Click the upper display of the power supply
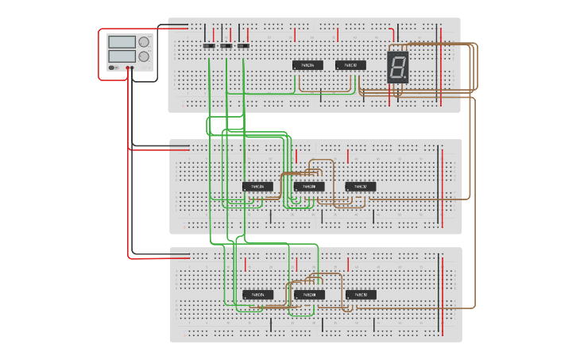[x=122, y=42]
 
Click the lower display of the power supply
[x=122, y=56]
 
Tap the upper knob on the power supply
[x=144, y=42]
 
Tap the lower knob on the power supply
[x=144, y=56]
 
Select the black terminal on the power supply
[x=132, y=68]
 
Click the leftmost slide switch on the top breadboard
[x=209, y=45]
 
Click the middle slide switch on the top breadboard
[x=226, y=45]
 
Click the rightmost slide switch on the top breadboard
[x=243, y=45]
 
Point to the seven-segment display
[x=398, y=67]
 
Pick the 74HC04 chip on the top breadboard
[x=307, y=65]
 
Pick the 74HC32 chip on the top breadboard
[x=350, y=65]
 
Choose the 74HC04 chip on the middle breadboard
[x=257, y=187]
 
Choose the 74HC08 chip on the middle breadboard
[x=309, y=187]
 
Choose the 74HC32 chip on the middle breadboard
[x=361, y=187]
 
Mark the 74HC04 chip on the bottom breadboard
[x=257, y=295]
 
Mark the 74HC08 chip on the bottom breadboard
[x=309, y=295]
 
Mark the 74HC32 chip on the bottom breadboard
[x=361, y=295]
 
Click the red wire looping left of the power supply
[x=99, y=56]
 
